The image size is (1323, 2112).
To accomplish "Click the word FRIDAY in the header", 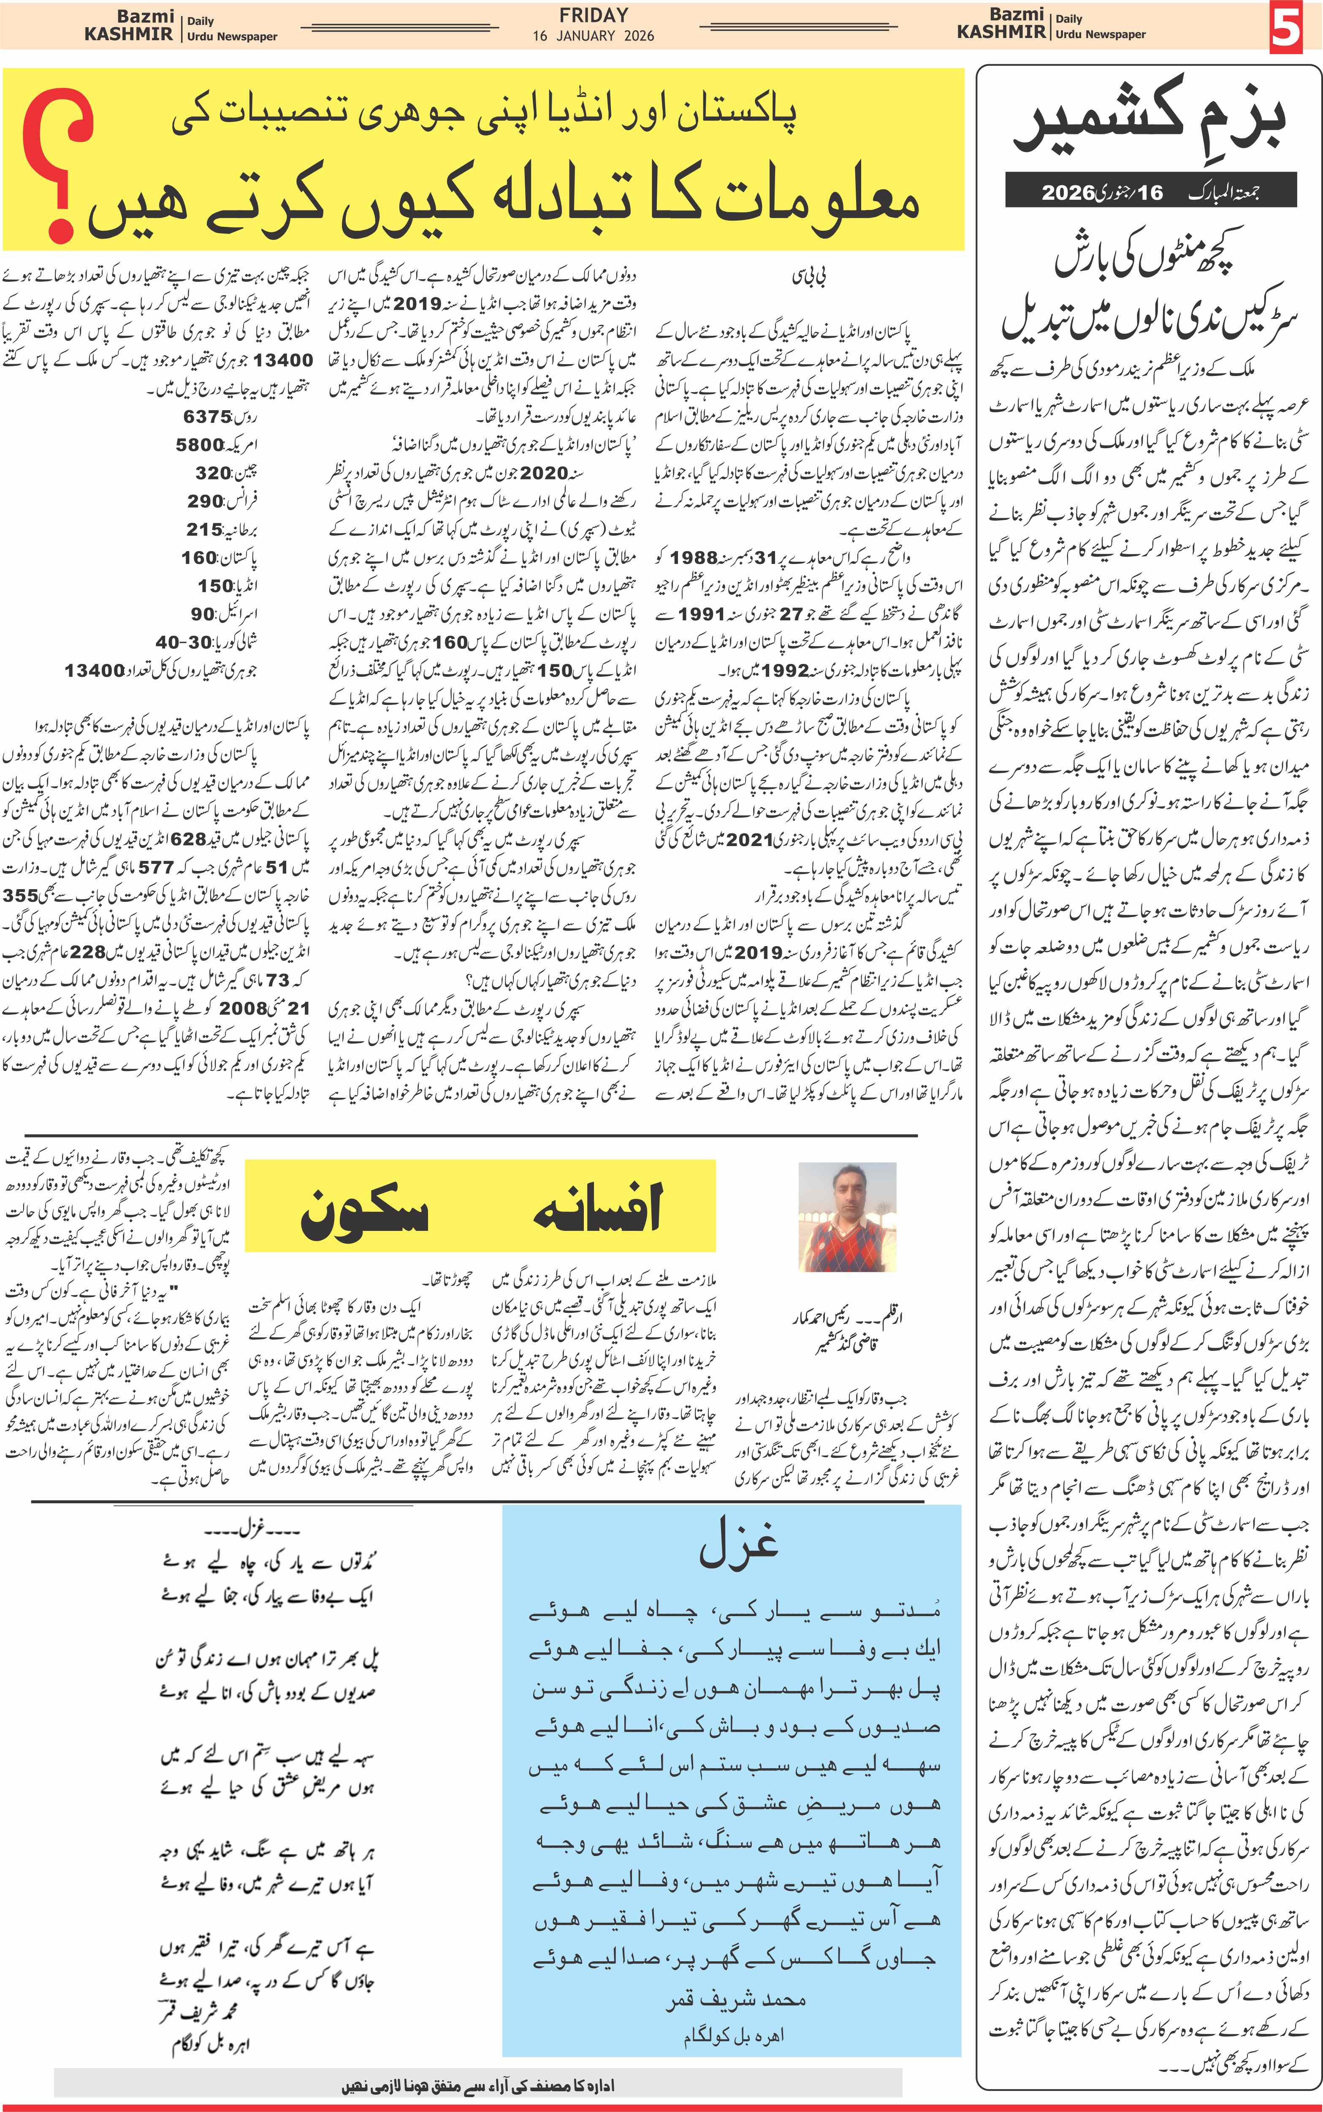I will coord(593,15).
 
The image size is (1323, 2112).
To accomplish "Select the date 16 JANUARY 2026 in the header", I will coord(593,36).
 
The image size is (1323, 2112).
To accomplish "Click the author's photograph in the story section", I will coord(847,1217).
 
